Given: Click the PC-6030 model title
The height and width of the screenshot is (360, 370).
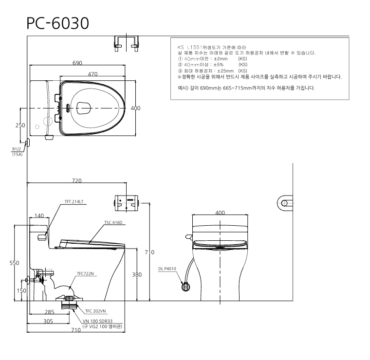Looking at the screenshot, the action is (x=57, y=23).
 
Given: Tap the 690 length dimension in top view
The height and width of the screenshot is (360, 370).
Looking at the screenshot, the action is (x=77, y=63).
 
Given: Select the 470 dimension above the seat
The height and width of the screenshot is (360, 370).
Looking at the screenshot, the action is (x=92, y=74).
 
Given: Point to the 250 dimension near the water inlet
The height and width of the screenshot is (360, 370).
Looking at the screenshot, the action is (x=20, y=125).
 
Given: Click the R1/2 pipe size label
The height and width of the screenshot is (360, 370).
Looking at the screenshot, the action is (x=17, y=149).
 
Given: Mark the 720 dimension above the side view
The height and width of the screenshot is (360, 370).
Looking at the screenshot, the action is (x=77, y=180).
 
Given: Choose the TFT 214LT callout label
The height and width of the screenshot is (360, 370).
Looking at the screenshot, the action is (x=74, y=201).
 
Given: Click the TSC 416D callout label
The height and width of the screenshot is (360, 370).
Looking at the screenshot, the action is (x=113, y=222).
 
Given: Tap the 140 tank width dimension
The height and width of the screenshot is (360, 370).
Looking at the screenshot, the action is (x=39, y=216).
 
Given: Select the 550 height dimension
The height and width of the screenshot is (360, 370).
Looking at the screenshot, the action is (x=15, y=263).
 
